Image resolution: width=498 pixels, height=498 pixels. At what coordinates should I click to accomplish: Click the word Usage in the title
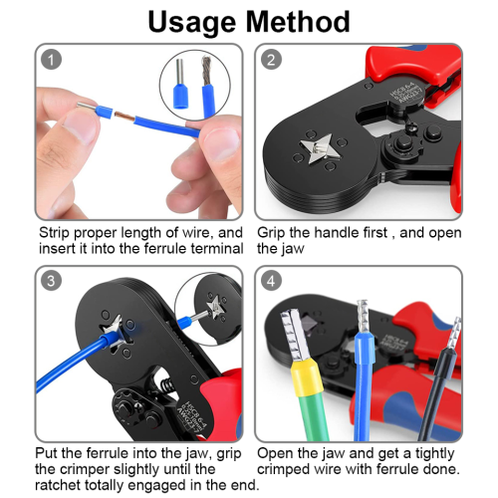tap(192, 23)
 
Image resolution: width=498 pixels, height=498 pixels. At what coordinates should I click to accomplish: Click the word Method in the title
tap(298, 22)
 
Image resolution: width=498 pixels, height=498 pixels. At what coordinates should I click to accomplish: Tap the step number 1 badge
tap(51, 60)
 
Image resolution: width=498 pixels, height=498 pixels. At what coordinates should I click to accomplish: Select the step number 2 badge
tap(271, 60)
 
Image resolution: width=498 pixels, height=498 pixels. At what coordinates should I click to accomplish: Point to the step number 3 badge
tap(51, 281)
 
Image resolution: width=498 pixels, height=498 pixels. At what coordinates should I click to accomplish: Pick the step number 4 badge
tap(271, 281)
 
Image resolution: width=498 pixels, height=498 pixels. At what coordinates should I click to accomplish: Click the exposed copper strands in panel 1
tap(124, 117)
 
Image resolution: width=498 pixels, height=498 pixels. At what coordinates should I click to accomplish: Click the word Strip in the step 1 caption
tap(54, 233)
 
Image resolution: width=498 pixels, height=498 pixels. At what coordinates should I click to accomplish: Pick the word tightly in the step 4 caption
tap(434, 454)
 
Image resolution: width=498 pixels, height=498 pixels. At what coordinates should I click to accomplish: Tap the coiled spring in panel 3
tap(167, 385)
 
